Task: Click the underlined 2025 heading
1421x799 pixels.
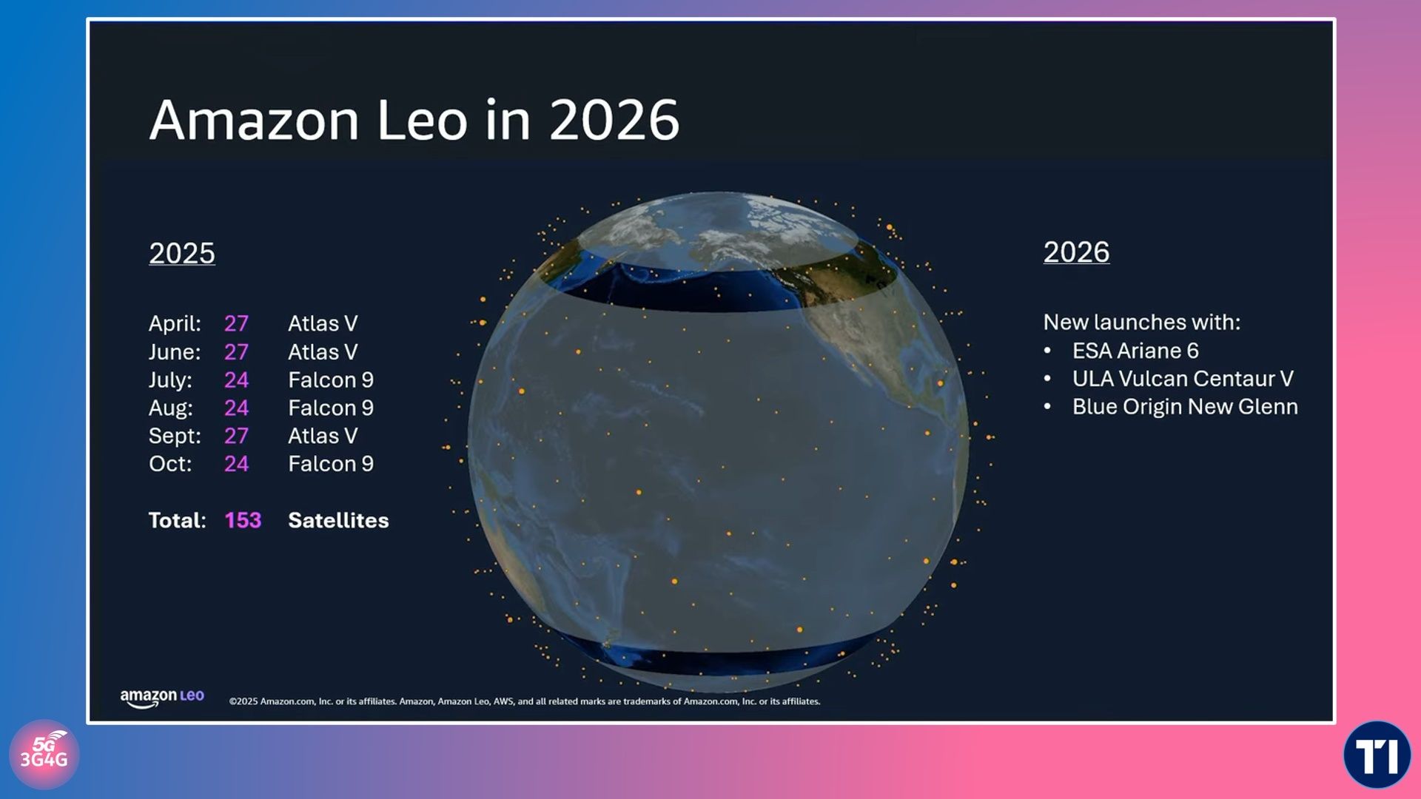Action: point(182,253)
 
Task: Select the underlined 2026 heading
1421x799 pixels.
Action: point(1076,252)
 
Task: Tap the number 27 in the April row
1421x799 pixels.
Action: point(236,323)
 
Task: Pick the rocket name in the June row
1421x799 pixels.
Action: point(323,351)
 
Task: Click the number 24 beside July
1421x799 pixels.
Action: point(236,380)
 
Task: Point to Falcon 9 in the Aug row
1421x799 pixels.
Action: point(331,408)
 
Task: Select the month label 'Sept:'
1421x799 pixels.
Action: point(175,436)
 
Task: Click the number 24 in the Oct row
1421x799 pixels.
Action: point(236,464)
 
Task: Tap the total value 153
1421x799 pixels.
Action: point(243,520)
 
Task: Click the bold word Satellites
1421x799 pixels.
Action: point(338,520)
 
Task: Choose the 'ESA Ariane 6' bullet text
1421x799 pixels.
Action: point(1135,350)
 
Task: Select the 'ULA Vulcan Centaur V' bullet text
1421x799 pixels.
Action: point(1183,378)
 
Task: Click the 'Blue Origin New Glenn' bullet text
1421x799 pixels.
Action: point(1185,406)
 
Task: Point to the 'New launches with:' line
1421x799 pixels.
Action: point(1142,322)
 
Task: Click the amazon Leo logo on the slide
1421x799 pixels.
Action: point(162,698)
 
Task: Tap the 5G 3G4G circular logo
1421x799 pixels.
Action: point(44,755)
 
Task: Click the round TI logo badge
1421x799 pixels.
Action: point(1377,755)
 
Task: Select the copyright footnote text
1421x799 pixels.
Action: point(525,701)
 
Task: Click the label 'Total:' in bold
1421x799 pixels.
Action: point(177,520)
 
